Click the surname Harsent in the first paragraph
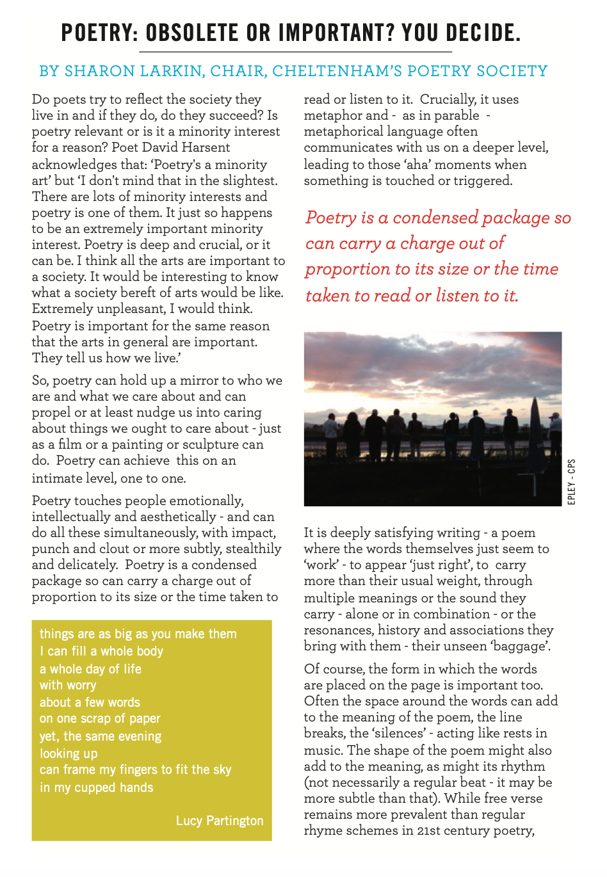pyautogui.click(x=205, y=147)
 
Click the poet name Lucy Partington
pyautogui.click(x=220, y=821)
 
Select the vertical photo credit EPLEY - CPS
pyautogui.click(x=571, y=481)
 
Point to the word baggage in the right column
pyautogui.click(x=517, y=646)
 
